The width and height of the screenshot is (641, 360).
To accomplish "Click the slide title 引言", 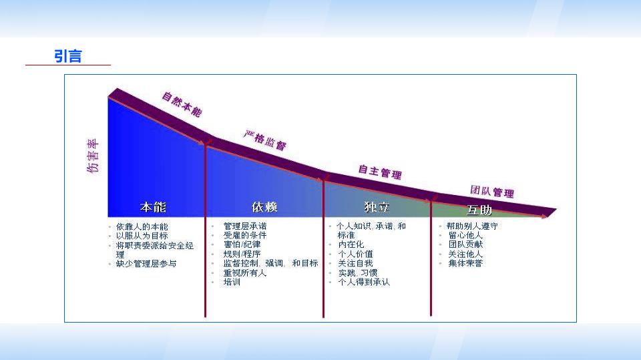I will pos(68,56).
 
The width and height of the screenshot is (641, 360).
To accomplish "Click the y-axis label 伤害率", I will pos(93,156).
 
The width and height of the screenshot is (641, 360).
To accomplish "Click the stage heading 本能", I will pos(153,206).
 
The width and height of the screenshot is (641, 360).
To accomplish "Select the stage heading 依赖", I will pos(265,206).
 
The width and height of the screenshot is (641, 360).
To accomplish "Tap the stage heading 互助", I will pos(479,210).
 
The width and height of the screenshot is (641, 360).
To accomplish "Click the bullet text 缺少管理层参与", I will pos(146,264).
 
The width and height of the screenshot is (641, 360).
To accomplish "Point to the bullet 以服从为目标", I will pos(142,236).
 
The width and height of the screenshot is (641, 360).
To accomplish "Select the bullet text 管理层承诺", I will pos(245,226).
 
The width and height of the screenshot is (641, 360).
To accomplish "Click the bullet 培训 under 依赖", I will pos(232,283).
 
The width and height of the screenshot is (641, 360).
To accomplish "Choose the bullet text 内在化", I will pos(351,245).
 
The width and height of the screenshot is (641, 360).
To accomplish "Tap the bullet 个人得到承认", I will pos(364,283).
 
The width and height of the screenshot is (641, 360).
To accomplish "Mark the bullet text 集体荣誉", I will pos(465,264).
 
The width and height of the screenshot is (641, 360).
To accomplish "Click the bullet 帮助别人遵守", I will pos(473,226).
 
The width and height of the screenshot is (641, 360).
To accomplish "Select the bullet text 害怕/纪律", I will pos(242,245).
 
